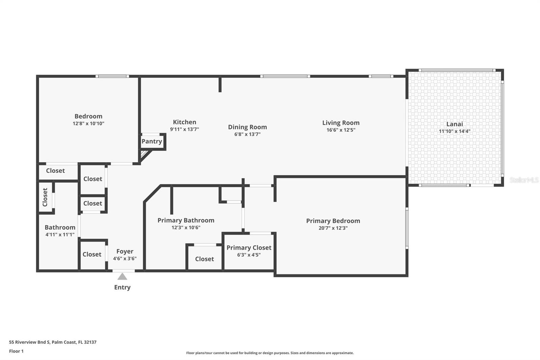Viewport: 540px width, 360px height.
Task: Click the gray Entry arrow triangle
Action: click(122, 277)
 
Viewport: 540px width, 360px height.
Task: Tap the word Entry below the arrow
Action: click(122, 287)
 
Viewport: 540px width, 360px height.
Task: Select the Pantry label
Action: click(152, 142)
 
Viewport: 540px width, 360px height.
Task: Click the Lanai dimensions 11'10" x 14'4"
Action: click(454, 131)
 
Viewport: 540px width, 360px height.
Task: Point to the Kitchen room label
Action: click(184, 122)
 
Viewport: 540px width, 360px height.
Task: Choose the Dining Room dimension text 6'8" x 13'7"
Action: click(247, 134)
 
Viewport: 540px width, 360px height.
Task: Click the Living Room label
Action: click(341, 123)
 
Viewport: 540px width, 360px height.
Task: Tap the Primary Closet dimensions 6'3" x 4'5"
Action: click(249, 255)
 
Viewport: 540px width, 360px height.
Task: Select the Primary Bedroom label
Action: click(333, 221)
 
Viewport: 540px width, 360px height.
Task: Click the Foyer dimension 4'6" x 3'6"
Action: click(125, 258)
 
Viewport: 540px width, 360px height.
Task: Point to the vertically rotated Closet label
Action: click(45, 197)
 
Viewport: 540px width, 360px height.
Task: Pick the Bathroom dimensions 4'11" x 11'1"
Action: click(60, 234)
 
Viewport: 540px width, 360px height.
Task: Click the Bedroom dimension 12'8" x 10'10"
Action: click(88, 124)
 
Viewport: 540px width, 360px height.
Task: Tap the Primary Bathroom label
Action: click(186, 220)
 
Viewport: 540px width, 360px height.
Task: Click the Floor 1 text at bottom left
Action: click(17, 351)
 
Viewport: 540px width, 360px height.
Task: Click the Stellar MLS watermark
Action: click(524, 180)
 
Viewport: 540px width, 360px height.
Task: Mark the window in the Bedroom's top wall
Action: click(112, 76)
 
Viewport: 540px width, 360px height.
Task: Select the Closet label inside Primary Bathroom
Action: click(205, 259)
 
